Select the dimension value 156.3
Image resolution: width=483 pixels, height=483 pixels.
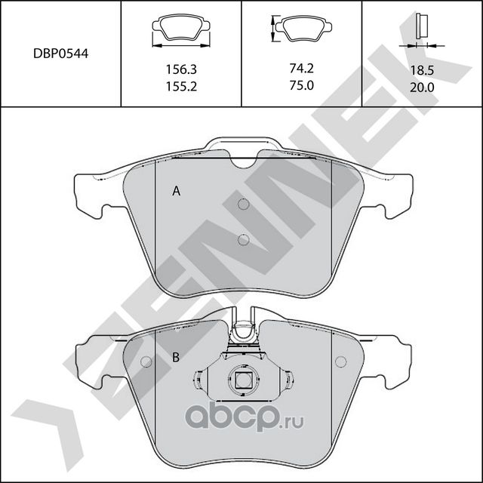point(181,68)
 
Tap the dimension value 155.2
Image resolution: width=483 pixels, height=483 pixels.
point(181,87)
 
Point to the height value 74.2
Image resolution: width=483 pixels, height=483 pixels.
point(301,68)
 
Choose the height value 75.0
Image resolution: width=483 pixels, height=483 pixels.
point(301,87)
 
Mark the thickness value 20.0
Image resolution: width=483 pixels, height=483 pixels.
point(422,87)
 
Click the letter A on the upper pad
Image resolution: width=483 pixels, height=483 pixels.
point(176,192)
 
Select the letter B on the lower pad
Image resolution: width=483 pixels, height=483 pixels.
point(175,358)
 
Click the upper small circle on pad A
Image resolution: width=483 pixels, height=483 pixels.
point(243,205)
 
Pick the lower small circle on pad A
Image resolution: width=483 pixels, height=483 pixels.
point(243,240)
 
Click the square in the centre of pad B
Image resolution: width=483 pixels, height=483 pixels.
point(243,381)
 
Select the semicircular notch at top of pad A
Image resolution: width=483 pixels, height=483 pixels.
point(243,161)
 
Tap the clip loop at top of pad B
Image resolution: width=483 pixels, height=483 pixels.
point(243,329)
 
